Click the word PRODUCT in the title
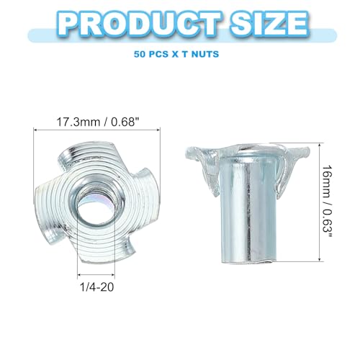point(140,24)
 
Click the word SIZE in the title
point(269,24)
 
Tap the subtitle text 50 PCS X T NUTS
point(176,54)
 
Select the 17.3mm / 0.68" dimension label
point(98,122)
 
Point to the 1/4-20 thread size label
point(96,287)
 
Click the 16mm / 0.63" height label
point(328,201)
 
